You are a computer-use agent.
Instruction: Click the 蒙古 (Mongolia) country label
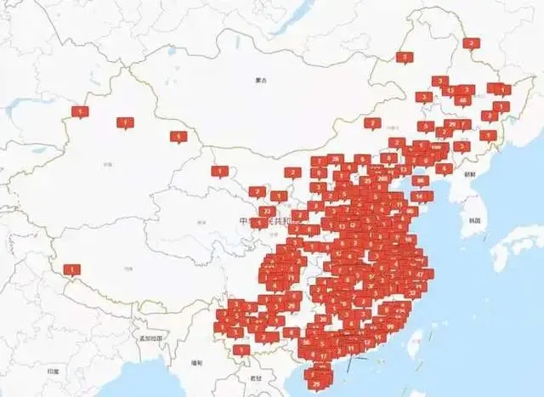pyautogui.click(x=260, y=81)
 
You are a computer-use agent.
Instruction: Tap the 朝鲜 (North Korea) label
pyautogui.click(x=470, y=173)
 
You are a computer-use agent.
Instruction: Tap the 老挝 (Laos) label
pyautogui.click(x=256, y=377)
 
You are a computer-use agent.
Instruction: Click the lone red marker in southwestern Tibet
pyautogui.click(x=72, y=271)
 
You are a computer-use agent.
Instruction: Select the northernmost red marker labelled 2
pyautogui.click(x=470, y=43)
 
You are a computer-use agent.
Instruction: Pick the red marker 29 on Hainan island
pyautogui.click(x=317, y=383)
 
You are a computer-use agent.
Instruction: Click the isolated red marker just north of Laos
pyautogui.click(x=242, y=349)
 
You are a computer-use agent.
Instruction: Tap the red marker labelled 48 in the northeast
pyautogui.click(x=462, y=99)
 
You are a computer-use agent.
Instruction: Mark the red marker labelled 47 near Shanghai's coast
pyautogui.click(x=420, y=274)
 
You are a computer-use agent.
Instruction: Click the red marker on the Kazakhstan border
pyautogui.click(x=80, y=111)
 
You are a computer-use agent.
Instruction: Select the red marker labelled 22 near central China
pyautogui.click(x=267, y=210)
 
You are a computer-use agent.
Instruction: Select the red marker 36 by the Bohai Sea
pyautogui.click(x=418, y=179)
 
